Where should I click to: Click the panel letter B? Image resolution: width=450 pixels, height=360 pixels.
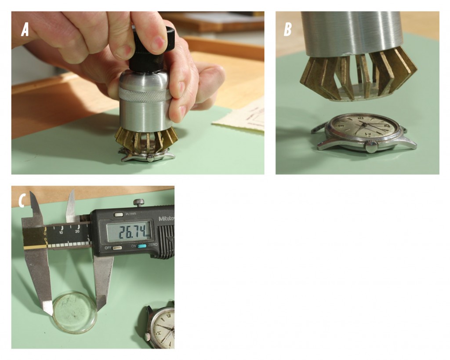coord(288,29)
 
